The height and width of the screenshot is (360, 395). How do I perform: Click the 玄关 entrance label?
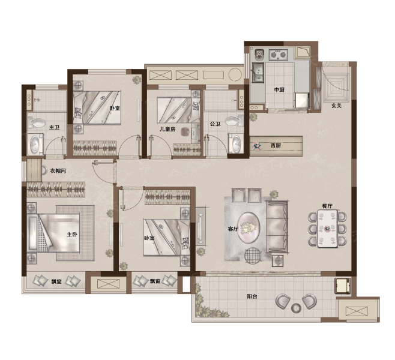coord(336,106)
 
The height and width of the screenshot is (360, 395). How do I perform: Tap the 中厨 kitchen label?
coord(279,89)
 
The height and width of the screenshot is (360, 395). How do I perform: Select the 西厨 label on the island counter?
coord(276,145)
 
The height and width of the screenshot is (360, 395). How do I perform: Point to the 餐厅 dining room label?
coord(327,206)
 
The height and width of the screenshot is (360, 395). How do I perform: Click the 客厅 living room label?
coord(233,229)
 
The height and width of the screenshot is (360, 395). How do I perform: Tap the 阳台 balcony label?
coord(252,296)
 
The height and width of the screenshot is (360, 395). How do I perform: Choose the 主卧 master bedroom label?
coord(72,235)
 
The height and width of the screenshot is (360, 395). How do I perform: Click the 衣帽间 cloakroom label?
coord(58,170)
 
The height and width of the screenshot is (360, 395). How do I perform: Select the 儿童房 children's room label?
coord(167,130)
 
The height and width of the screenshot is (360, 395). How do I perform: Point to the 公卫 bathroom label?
coord(215,124)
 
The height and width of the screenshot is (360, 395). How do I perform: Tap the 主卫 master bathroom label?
coord(54,127)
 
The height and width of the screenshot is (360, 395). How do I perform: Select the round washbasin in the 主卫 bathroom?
coord(35,144)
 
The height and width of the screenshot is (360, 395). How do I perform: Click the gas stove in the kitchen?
coord(279,55)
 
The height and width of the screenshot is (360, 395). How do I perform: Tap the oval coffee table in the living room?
coord(249,227)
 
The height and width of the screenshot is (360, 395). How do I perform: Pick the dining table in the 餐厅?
coord(327,229)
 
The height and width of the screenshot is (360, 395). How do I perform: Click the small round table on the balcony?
coord(296,308)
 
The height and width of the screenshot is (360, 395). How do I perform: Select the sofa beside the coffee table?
coord(277,227)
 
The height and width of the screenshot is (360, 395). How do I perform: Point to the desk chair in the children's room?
coord(185,131)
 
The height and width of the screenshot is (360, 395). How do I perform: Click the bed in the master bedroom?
coord(53,233)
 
